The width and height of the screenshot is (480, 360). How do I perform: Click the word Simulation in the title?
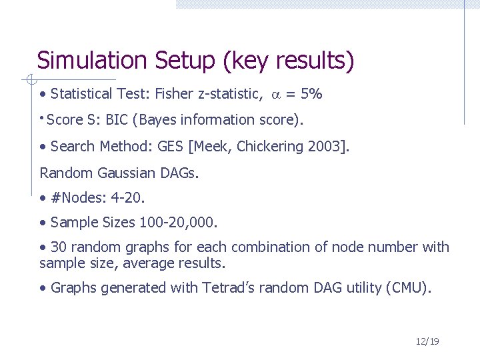[x=92, y=61]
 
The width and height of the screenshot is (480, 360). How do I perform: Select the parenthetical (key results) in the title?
[x=289, y=61]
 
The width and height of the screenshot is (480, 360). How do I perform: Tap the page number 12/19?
[x=427, y=341]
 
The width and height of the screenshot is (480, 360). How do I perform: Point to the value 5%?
[x=312, y=94]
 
